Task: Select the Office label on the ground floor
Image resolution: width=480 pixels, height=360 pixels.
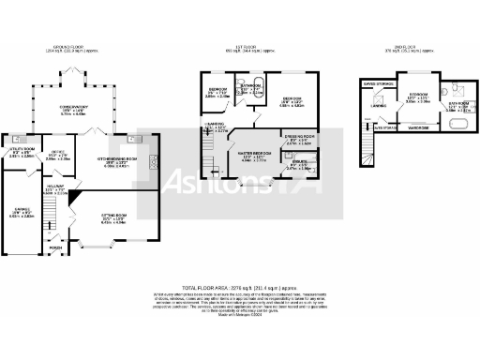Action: coord(57,152)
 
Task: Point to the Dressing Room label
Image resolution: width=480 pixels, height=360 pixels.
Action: coord(300,140)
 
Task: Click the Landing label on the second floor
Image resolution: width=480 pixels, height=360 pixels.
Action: coord(379,106)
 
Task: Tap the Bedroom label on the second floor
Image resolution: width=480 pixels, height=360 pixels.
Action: coord(417,96)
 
